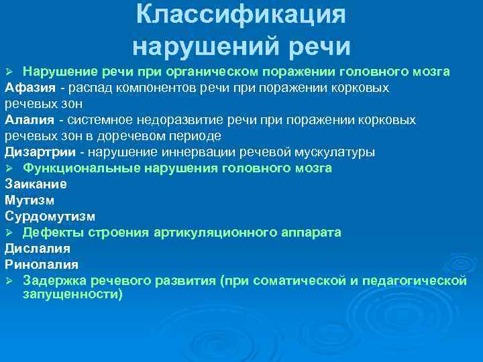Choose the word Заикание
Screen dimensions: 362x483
[x=36, y=184]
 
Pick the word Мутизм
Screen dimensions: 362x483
[x=30, y=200]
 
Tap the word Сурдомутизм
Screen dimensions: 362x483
[x=50, y=217]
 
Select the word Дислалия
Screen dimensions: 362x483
[x=38, y=249]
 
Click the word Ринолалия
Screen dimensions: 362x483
[x=42, y=265]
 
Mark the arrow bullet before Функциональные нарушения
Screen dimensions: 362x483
[x=9, y=168]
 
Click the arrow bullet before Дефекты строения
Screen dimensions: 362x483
[x=9, y=233]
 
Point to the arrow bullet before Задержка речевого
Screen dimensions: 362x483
[x=9, y=281]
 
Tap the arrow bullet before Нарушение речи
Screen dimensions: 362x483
[x=9, y=72]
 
